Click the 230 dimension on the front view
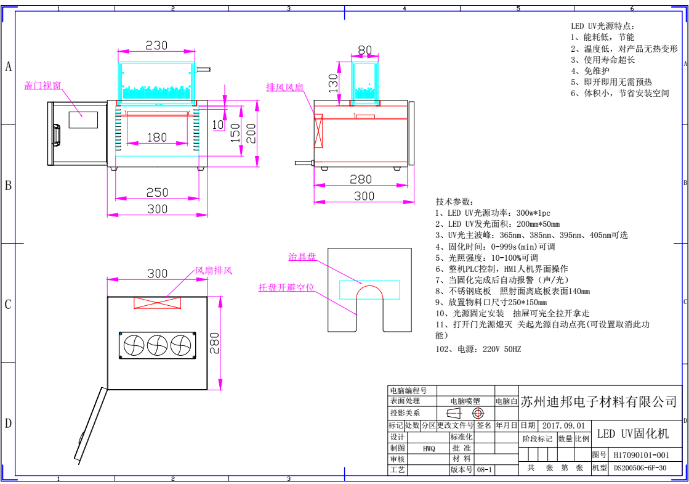click(x=156, y=46)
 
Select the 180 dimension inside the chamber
click(x=157, y=137)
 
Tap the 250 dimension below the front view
click(x=157, y=192)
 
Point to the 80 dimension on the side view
click(x=365, y=50)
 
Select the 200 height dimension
click(x=251, y=131)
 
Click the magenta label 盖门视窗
click(x=42, y=86)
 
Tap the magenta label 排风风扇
click(x=284, y=87)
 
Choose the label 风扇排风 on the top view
click(x=214, y=270)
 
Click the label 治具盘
click(x=302, y=257)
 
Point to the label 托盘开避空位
click(x=286, y=287)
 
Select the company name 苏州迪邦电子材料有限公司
click(x=598, y=403)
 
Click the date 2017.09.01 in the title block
click(x=565, y=425)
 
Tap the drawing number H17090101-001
click(x=640, y=455)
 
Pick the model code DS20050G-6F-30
click(x=640, y=468)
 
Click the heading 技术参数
click(x=454, y=202)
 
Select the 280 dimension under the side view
click(x=361, y=179)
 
